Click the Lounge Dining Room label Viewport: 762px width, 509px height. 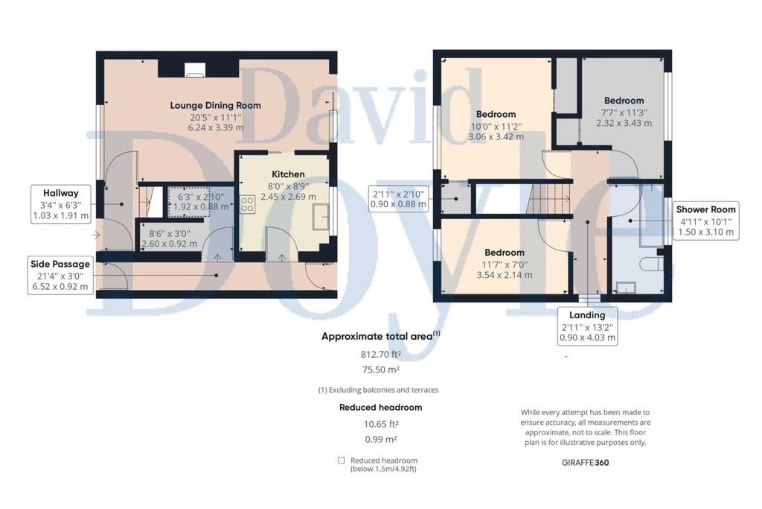[215, 105]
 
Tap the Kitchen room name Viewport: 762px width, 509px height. [288, 174]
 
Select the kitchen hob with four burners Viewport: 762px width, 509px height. [247, 204]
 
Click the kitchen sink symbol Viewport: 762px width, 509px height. [321, 217]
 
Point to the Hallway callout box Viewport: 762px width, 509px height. [61, 204]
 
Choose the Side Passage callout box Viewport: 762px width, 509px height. [60, 275]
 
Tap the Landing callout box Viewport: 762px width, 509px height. [587, 326]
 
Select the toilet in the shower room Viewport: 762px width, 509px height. [651, 264]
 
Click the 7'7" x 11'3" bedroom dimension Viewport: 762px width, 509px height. [624, 112]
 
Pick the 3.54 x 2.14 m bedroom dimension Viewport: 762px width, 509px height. [504, 275]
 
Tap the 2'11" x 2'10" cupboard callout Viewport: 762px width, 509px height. [399, 199]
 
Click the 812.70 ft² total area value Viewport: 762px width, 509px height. [380, 354]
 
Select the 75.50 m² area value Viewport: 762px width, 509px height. [380, 370]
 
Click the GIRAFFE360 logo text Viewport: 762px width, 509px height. [585, 462]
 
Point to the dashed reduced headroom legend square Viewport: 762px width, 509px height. [341, 461]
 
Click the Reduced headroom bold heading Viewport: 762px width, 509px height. [380, 408]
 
